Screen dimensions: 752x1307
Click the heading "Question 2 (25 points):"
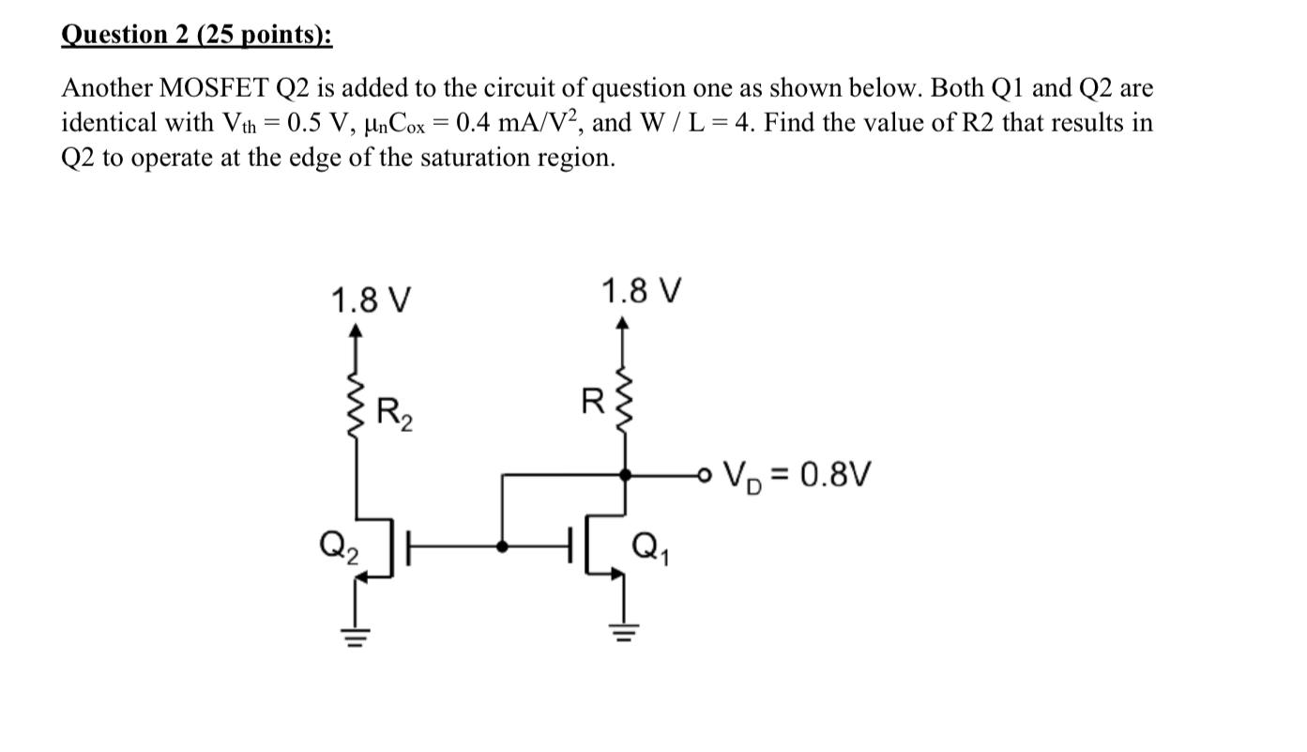point(196,35)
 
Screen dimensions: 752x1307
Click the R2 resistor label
point(393,413)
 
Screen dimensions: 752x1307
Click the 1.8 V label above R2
point(371,301)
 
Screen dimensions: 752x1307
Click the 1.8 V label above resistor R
point(642,291)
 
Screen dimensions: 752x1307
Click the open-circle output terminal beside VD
point(703,476)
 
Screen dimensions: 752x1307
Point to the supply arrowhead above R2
point(356,330)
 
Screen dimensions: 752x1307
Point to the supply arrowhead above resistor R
point(623,324)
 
